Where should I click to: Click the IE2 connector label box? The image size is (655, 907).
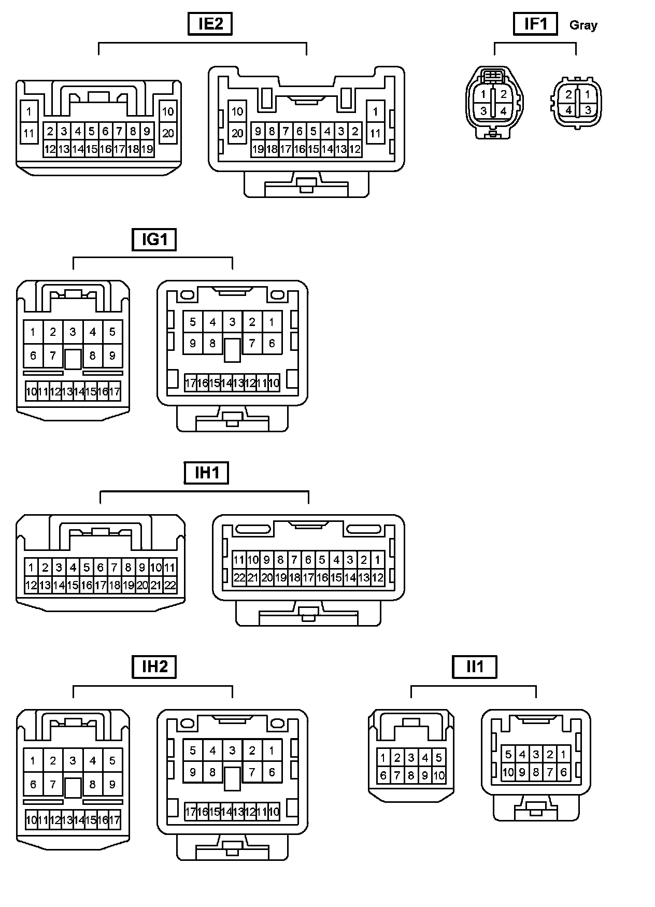tap(210, 24)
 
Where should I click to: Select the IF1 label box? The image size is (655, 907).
tap(535, 24)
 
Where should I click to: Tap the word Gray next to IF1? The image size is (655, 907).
tap(583, 25)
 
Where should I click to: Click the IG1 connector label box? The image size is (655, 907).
tap(154, 239)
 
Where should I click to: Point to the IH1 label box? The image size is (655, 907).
tap(206, 473)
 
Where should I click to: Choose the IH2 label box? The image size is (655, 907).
tap(154, 667)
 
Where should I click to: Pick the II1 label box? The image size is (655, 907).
tap(475, 667)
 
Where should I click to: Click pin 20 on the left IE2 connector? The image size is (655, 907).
tap(168, 133)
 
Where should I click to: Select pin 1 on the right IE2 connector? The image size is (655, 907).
tap(375, 111)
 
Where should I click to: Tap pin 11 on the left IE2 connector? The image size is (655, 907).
tap(29, 133)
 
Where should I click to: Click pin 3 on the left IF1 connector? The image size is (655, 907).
tap(483, 110)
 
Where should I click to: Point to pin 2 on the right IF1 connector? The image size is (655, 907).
tap(568, 94)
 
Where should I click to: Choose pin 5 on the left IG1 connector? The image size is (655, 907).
tap(112, 332)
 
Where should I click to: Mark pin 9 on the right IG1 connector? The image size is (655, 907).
tap(193, 343)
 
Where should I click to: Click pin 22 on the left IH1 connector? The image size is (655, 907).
tap(170, 586)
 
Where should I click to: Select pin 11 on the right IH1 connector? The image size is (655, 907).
tap(239, 560)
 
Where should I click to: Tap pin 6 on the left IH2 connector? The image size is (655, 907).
tap(33, 785)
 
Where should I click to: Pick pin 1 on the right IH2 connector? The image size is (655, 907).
tap(272, 750)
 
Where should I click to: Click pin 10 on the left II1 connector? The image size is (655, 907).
tap(439, 776)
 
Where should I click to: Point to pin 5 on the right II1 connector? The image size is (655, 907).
tap(508, 755)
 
